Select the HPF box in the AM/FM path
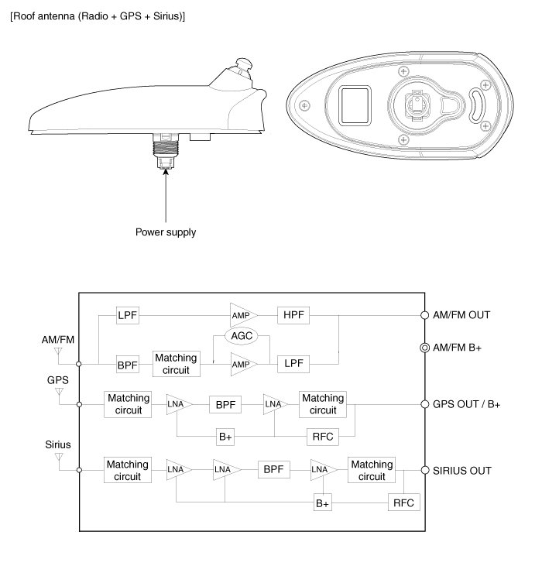click(293, 315)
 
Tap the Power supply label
click(166, 231)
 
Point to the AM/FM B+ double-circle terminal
click(424, 348)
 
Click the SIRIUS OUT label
click(463, 470)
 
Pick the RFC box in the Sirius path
click(403, 502)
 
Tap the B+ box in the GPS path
click(225, 436)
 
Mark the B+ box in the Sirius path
click(322, 502)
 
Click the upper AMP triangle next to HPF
click(242, 315)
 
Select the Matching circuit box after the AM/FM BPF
click(176, 363)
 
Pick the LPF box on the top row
click(127, 315)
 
